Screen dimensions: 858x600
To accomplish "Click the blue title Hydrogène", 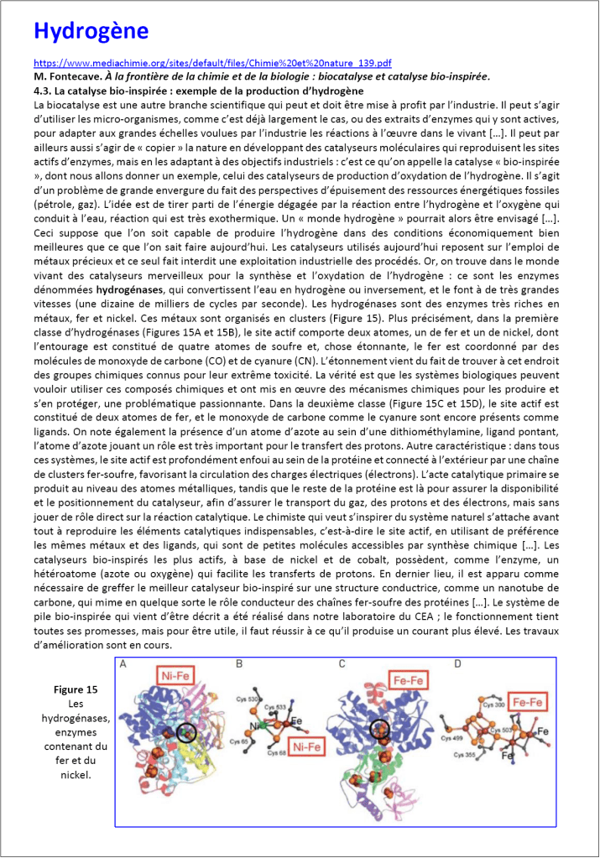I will click(91, 32).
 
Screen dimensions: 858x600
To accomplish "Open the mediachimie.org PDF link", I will click(212, 63).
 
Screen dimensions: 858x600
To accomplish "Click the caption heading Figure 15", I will click(76, 689).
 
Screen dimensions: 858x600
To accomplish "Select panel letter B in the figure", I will click(240, 664).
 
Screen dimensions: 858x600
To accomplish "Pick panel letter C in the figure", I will click(342, 664).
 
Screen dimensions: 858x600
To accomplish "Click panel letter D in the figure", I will click(457, 664).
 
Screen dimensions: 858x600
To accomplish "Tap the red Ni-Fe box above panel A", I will click(179, 673).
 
